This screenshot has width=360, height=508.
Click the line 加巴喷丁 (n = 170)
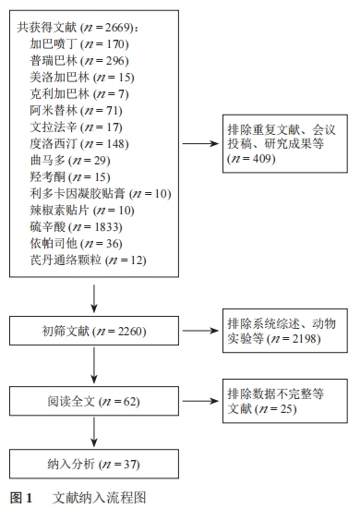[78, 43]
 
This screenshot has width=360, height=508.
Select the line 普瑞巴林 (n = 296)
[78, 60]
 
